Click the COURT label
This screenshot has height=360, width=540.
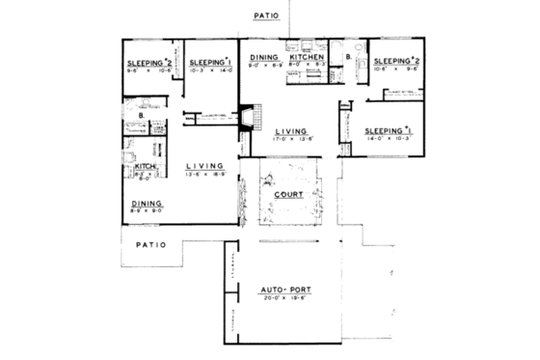point(288,194)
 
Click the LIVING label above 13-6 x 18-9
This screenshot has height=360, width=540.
point(204,166)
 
